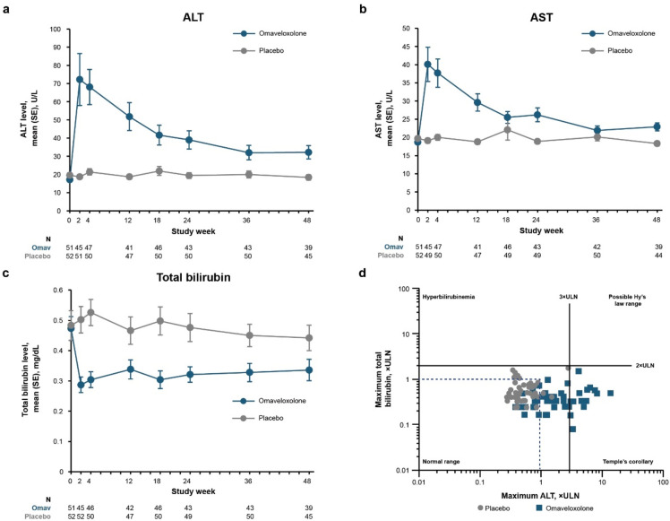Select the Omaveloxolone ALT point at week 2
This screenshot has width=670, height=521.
79,79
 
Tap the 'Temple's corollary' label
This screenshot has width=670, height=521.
628,461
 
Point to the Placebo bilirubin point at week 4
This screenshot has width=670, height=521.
90,312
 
